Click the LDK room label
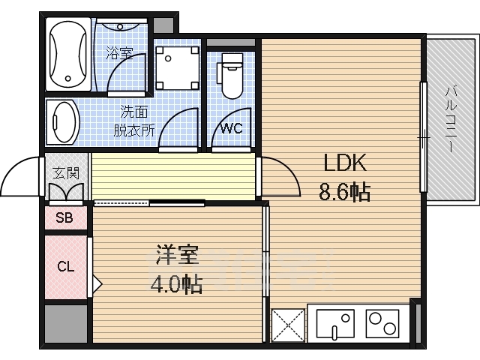345,163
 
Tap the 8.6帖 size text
345,192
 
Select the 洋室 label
178,255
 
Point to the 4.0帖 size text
176,283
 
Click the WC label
232,128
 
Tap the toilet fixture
230,76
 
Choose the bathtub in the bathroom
68,54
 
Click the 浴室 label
120,53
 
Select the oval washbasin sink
63,121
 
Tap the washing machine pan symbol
177,67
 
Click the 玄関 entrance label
66,173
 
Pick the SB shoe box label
64,217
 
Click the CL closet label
66,267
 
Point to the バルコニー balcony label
451,119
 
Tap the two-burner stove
382,323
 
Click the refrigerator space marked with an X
288,325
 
